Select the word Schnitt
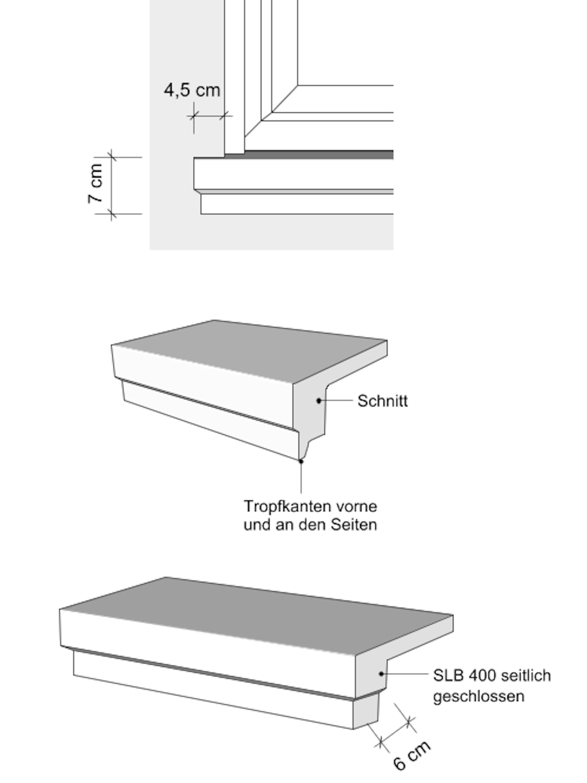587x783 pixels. [x=382, y=401]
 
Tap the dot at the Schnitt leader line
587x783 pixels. [x=319, y=401]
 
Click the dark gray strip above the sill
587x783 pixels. [x=318, y=154]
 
